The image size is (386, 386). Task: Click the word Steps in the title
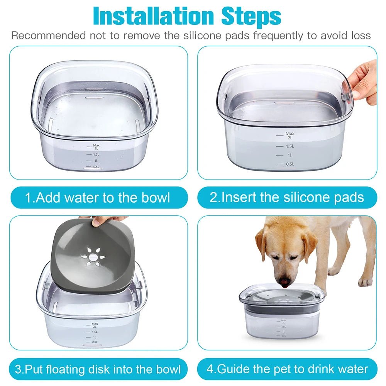[x=251, y=16]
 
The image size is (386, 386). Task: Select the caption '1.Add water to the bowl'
[x=98, y=198]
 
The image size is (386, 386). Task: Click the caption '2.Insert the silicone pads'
[x=287, y=198]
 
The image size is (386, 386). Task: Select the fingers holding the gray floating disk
[x=103, y=220]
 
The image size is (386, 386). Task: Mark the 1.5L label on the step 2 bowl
[x=290, y=146]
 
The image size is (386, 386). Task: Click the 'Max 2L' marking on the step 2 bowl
[x=290, y=135]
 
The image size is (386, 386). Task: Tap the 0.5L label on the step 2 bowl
[x=290, y=164]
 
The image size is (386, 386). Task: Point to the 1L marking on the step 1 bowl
[x=95, y=160]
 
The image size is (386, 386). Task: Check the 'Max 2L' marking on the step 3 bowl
[x=95, y=325]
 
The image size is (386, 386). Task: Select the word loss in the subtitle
[x=359, y=36]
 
